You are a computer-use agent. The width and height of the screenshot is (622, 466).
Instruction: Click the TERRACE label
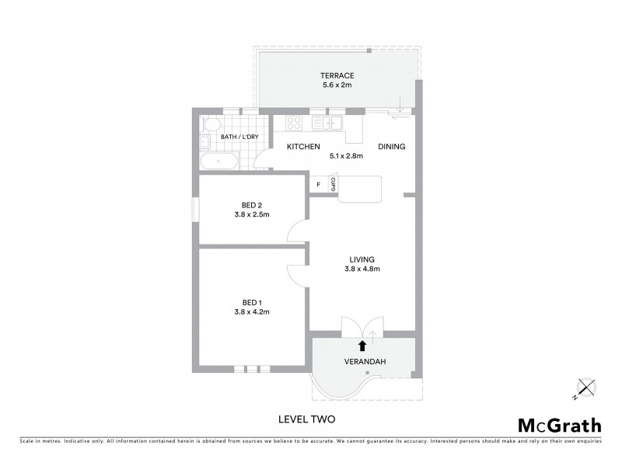tap(337, 75)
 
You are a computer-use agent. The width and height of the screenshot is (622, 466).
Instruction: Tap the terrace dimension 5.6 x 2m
tap(337, 85)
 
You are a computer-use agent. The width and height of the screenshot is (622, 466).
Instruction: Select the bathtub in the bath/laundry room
tap(220, 162)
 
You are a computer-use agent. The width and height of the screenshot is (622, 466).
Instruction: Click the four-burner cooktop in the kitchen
tap(294, 123)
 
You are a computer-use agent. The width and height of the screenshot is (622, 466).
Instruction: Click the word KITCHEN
tap(304, 147)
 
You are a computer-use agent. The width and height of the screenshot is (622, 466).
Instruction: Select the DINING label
tap(391, 147)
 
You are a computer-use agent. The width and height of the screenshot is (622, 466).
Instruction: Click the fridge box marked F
tap(318, 184)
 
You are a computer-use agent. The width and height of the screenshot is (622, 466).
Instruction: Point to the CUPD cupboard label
tap(333, 184)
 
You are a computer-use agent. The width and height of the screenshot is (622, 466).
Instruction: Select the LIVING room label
tap(362, 259)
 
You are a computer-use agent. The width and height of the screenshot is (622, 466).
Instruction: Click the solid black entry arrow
tap(362, 346)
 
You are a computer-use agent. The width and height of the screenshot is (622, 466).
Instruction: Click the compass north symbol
tap(585, 386)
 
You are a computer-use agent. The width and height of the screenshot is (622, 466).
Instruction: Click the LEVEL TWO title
tap(306, 419)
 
